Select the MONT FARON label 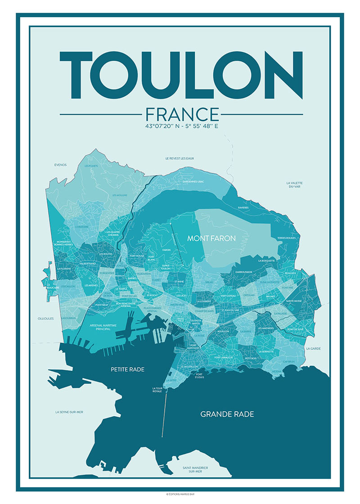(211, 238)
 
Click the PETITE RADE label (127, 369)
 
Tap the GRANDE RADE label (227, 414)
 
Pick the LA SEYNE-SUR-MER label (69, 412)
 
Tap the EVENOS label (60, 165)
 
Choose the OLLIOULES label (46, 318)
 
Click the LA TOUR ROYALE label (158, 390)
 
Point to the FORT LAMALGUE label (223, 357)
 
